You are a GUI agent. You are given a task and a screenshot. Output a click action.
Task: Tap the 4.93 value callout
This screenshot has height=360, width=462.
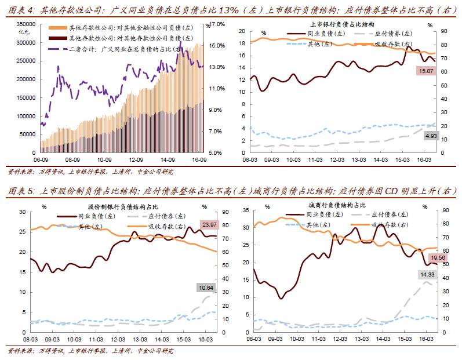pyautogui.click(x=431, y=136)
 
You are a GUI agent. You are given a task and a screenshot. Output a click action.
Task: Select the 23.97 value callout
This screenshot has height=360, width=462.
pyautogui.click(x=209, y=224)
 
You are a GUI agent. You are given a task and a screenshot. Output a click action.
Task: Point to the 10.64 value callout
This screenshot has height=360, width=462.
pyautogui.click(x=205, y=288)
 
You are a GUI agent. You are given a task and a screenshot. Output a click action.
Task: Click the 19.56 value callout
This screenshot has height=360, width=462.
pyautogui.click(x=436, y=257)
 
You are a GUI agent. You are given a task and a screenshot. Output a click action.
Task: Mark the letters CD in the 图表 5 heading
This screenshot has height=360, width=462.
pyautogui.click(x=381, y=190)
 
